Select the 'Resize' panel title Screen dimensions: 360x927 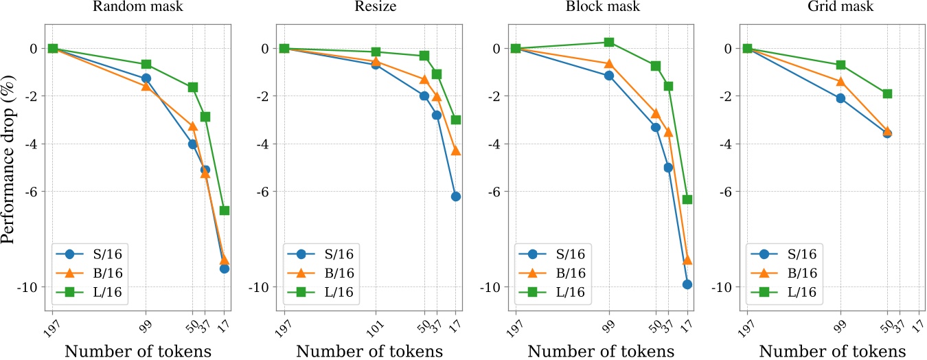click(x=372, y=9)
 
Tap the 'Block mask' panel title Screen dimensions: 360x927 click(x=604, y=9)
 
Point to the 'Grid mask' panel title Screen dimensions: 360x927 click(x=835, y=9)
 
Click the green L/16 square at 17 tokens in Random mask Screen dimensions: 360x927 click(x=225, y=210)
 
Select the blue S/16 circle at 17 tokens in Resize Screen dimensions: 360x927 click(x=456, y=196)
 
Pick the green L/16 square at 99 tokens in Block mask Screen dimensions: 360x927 click(x=608, y=42)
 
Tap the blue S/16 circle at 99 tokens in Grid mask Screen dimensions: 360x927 click(x=840, y=98)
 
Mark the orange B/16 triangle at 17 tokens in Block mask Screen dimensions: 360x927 click(x=687, y=260)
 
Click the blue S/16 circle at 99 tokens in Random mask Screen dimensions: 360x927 click(x=146, y=78)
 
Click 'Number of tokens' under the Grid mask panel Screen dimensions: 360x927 click(x=835, y=350)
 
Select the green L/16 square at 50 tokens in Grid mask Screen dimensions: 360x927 click(x=887, y=93)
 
